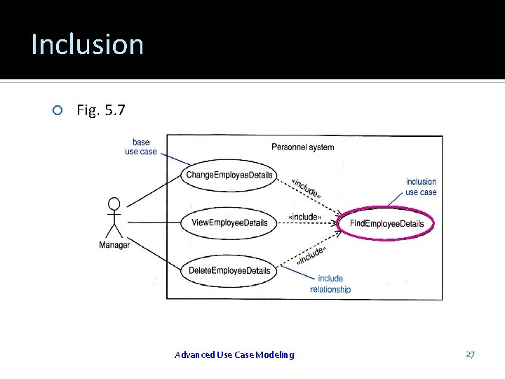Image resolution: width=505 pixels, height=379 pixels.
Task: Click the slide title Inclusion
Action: pyautogui.click(x=87, y=44)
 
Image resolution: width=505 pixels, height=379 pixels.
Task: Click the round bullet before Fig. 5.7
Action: pyautogui.click(x=58, y=110)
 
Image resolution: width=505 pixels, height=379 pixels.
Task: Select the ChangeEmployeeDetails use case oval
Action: pyautogui.click(x=229, y=175)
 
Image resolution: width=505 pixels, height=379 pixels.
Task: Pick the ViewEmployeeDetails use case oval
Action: pyautogui.click(x=229, y=223)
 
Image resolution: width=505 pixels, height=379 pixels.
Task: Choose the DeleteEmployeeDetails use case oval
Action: pyautogui.click(x=229, y=271)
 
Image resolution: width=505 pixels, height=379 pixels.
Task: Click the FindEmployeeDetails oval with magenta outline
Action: pyautogui.click(x=386, y=224)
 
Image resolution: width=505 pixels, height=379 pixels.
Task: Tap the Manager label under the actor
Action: pyautogui.click(x=114, y=245)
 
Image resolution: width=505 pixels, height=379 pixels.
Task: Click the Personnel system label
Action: pyautogui.click(x=302, y=147)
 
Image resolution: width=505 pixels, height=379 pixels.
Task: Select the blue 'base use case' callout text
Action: pyautogui.click(x=140, y=147)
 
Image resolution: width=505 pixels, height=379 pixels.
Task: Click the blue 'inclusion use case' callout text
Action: pyautogui.click(x=421, y=187)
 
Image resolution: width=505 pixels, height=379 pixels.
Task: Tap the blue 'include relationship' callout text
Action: pyautogui.click(x=330, y=284)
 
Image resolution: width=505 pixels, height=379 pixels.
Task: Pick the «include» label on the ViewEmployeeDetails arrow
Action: pyautogui.click(x=305, y=217)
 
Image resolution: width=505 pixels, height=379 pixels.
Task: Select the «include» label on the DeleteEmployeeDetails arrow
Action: pyautogui.click(x=311, y=255)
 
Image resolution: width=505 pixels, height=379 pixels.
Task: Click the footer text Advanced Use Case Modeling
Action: pyautogui.click(x=234, y=354)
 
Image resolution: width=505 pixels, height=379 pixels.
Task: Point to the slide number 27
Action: pyautogui.click(x=470, y=354)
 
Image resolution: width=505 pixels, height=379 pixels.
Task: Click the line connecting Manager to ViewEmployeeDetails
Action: pyautogui.click(x=151, y=223)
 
